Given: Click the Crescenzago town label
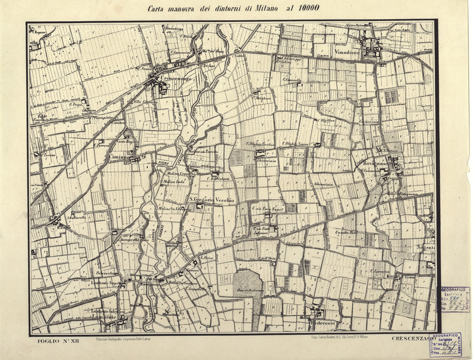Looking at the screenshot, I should [x=176, y=78].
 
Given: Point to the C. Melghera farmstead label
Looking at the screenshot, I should [x=262, y=98].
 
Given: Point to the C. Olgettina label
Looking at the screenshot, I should [x=326, y=120].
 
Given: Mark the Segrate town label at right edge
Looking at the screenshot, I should [x=425, y=248].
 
